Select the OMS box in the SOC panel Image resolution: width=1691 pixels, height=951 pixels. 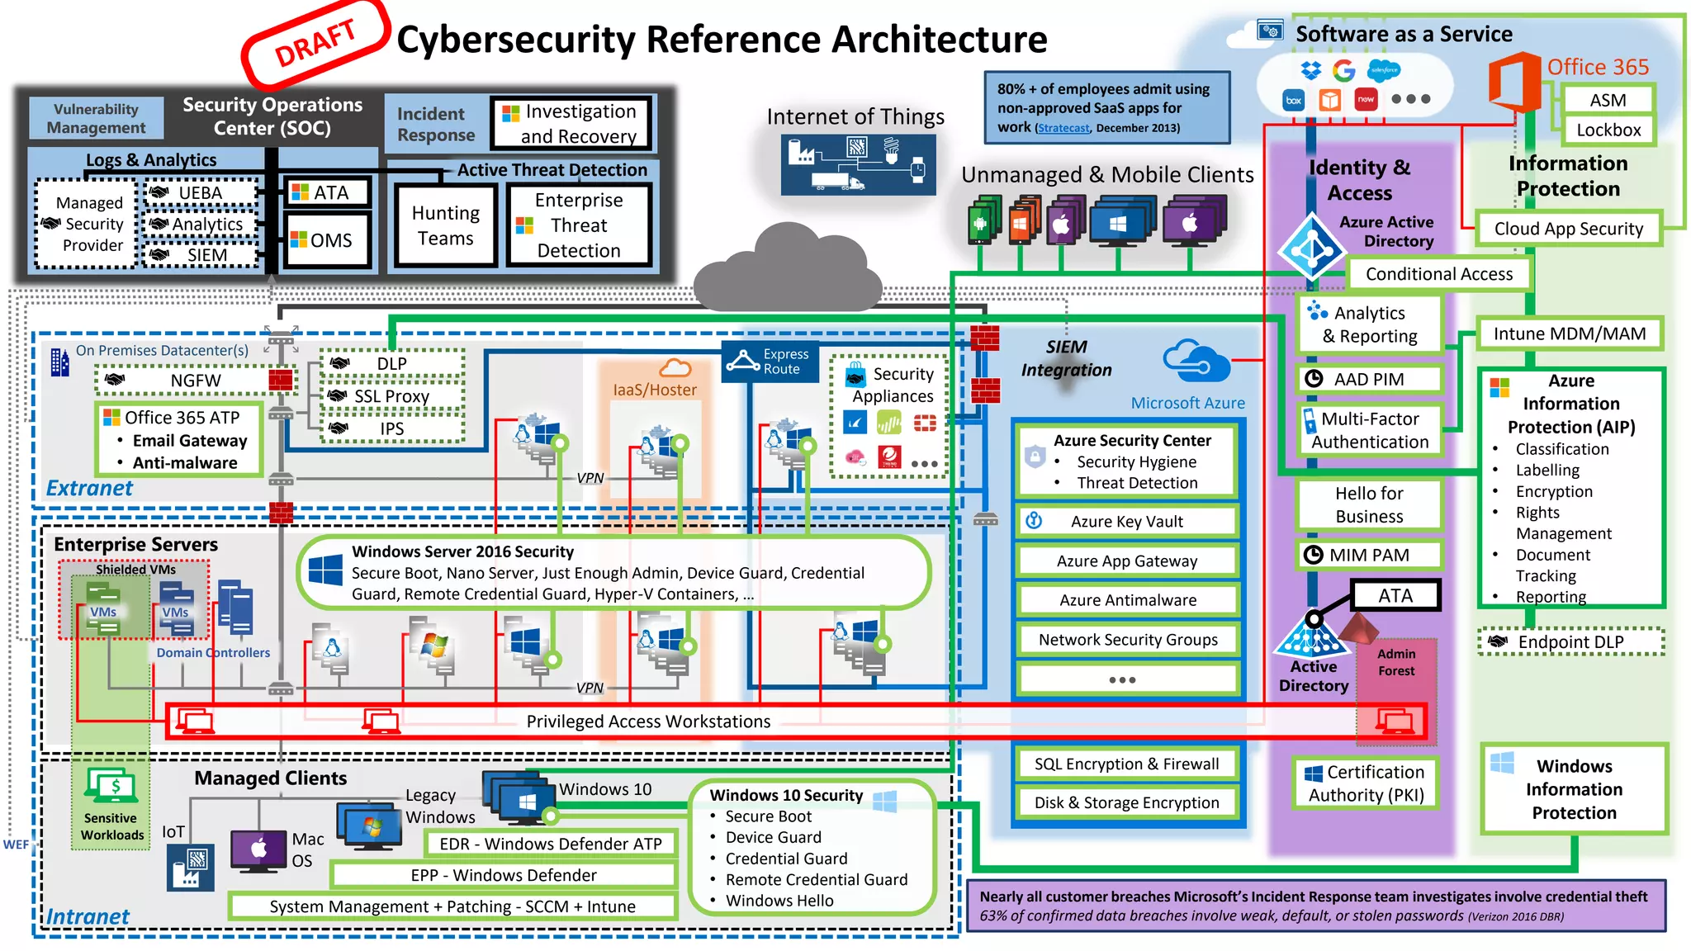327,240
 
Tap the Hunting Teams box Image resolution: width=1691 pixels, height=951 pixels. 446,225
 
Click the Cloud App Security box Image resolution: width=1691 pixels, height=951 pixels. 1568,229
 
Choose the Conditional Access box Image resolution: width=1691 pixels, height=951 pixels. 1438,274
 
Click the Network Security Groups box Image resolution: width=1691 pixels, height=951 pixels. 1127,640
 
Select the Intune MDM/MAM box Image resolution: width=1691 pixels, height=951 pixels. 1569,334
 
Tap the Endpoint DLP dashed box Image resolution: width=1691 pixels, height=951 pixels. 1570,642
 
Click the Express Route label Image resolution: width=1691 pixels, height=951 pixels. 770,362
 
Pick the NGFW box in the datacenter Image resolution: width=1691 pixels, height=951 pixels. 195,381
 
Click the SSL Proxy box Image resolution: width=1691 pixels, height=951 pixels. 391,396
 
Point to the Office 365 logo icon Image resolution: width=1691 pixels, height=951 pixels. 1515,82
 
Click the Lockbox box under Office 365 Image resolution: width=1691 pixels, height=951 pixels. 1608,130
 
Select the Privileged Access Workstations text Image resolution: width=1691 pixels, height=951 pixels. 648,722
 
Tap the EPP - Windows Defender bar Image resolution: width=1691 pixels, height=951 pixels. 504,875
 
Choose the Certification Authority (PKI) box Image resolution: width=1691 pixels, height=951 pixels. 1366,783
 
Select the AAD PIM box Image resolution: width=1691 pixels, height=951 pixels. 1368,379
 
